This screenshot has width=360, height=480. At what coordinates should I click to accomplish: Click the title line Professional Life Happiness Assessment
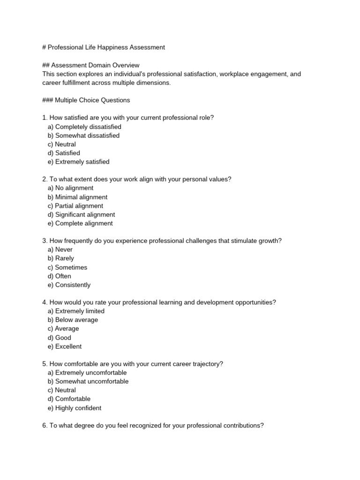pyautogui.click(x=103, y=47)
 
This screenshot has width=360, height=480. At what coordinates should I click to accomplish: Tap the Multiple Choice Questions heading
pyautogui.click(x=86, y=100)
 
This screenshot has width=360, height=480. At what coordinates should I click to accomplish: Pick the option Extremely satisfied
pyautogui.click(x=78, y=162)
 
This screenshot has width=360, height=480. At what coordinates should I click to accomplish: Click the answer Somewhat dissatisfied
pyautogui.click(x=83, y=135)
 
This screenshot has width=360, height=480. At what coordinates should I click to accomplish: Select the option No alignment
pyautogui.click(x=70, y=188)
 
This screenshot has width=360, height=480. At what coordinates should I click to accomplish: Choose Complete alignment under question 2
pyautogui.click(x=80, y=224)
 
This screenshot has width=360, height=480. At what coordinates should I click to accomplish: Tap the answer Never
pyautogui.click(x=60, y=250)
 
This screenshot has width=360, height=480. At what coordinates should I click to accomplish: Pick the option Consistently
pyautogui.click(x=69, y=285)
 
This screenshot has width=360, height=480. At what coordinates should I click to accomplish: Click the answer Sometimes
pyautogui.click(x=67, y=268)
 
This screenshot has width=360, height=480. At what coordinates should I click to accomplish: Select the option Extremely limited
pyautogui.click(x=76, y=311)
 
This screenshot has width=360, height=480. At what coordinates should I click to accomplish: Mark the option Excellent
pyautogui.click(x=65, y=346)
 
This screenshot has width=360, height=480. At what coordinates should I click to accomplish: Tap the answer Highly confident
pyautogui.click(x=74, y=408)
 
